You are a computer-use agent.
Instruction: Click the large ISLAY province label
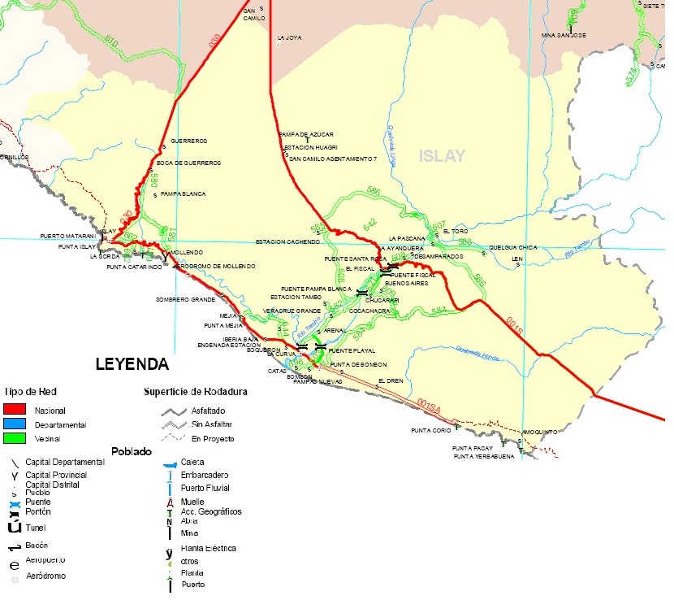click(443, 156)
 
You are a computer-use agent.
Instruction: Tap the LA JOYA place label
click(289, 37)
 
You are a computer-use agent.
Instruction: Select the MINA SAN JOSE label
click(563, 36)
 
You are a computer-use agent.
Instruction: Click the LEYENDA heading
click(132, 363)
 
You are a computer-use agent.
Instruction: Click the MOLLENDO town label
click(187, 253)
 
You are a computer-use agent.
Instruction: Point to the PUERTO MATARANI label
click(67, 237)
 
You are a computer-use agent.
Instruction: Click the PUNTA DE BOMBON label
click(358, 364)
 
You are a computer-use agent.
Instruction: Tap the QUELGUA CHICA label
click(512, 247)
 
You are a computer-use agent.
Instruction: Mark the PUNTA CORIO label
click(430, 430)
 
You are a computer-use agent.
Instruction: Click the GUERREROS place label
click(189, 141)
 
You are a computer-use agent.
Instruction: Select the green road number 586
click(373, 191)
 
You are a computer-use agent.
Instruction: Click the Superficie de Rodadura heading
click(196, 392)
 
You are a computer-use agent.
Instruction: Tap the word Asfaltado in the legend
click(210, 411)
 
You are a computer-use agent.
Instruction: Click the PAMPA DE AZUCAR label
click(306, 133)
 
